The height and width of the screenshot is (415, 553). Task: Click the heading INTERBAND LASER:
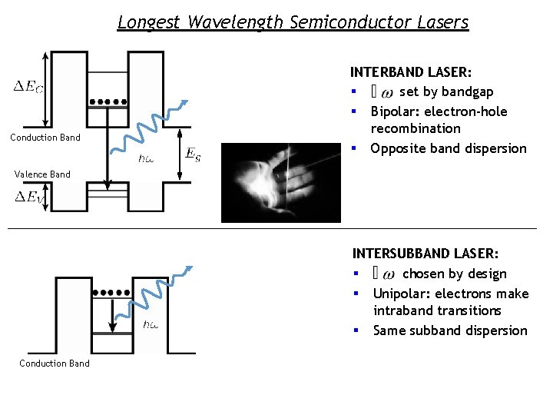pyautogui.click(x=411, y=72)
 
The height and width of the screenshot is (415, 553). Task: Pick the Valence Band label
pyautogui.click(x=42, y=174)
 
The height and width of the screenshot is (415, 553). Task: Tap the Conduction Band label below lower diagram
pyautogui.click(x=54, y=364)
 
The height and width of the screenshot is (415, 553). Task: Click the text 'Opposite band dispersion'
pyautogui.click(x=449, y=148)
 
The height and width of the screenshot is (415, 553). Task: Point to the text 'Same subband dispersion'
pyautogui.click(x=450, y=330)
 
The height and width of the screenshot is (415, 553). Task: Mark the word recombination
pyautogui.click(x=416, y=128)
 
